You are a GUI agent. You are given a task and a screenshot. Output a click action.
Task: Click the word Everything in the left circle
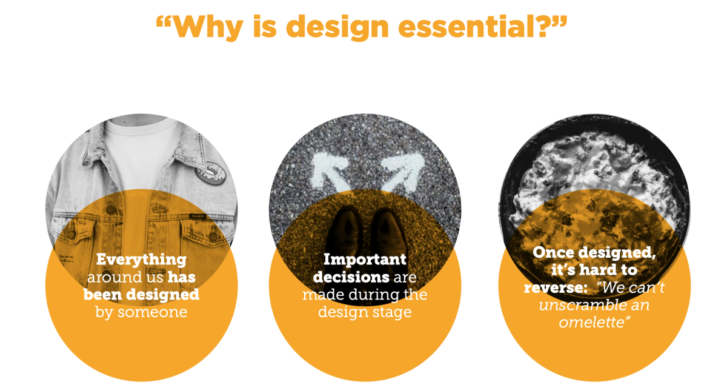142,259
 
